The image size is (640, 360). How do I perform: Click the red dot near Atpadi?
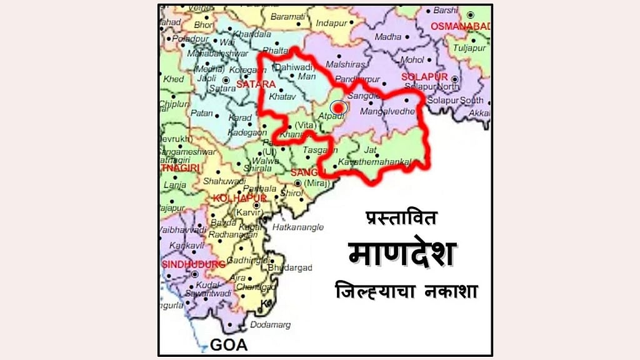pos(339,107)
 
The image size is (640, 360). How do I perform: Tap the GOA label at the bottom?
pos(228,344)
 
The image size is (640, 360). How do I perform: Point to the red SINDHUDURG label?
pos(193,264)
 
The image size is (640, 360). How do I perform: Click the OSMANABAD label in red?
pos(465,26)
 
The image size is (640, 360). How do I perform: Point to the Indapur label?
pos(332,23)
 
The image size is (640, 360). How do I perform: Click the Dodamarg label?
pos(270,324)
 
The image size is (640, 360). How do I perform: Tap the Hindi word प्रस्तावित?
pos(402,217)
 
